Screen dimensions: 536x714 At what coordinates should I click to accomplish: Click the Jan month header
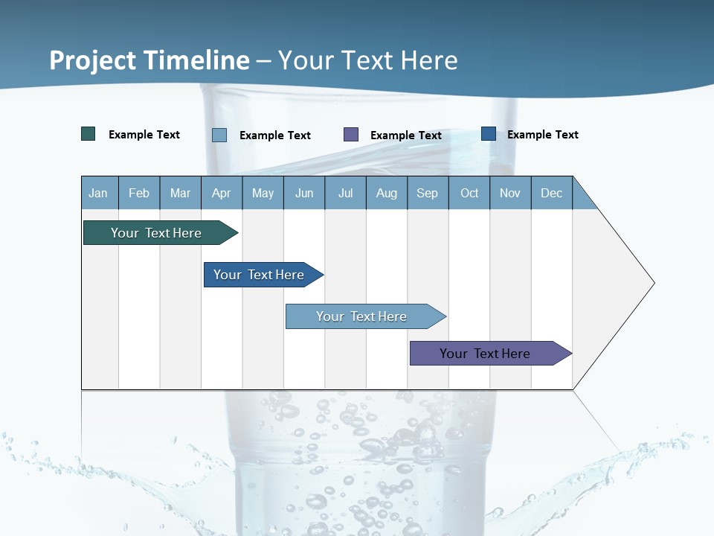pos(98,193)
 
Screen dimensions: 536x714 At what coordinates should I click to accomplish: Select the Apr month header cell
pos(221,193)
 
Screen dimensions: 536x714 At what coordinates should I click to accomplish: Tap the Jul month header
pos(345,193)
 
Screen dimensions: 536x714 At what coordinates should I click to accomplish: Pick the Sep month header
pos(427,193)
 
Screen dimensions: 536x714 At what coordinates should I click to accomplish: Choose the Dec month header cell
pos(551,193)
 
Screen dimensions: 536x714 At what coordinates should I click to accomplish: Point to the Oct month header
pos(469,193)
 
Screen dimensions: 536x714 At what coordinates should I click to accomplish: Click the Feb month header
pos(139,193)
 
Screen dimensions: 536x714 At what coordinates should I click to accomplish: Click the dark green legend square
pos(89,134)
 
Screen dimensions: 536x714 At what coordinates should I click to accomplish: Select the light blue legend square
pos(219,135)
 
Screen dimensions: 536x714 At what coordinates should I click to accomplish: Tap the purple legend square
pos(351,134)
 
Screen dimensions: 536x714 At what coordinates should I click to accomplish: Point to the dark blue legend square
pos(489,134)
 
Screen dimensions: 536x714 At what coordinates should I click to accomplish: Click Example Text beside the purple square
pos(405,135)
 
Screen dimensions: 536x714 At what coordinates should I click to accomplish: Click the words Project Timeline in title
pos(149,60)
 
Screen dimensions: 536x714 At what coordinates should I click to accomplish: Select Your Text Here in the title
pos(367,60)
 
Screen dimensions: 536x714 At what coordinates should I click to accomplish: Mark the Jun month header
pos(304,193)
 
